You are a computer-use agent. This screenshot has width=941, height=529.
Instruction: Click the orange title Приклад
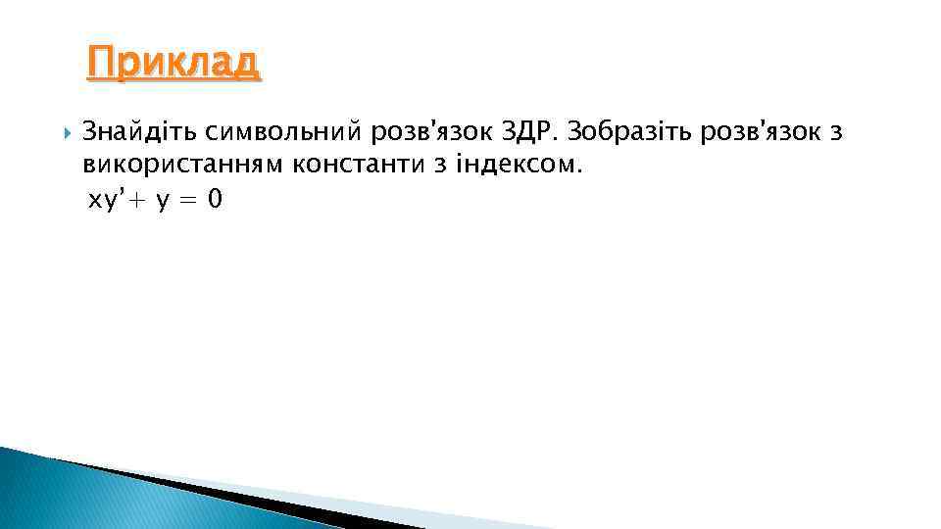[173, 64]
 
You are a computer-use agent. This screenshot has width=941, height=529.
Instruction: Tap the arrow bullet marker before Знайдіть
[66, 131]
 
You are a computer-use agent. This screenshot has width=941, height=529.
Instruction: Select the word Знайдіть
[139, 131]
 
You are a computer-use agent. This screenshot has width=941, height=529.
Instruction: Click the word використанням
[181, 166]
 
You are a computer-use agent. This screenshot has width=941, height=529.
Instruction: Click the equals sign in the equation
[186, 201]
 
